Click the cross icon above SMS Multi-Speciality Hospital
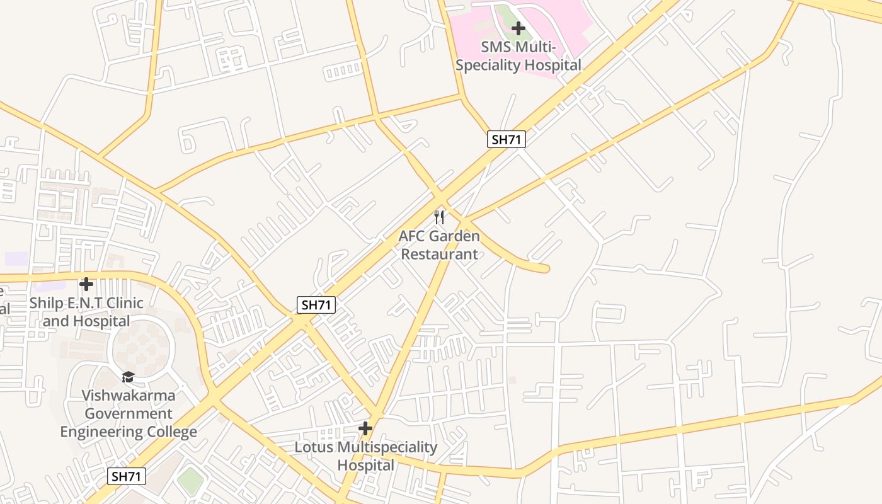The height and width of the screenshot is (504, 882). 518,28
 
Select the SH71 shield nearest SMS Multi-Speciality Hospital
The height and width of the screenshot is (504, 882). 506,139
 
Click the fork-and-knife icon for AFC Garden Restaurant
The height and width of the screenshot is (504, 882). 439,218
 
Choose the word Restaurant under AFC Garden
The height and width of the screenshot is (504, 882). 439,255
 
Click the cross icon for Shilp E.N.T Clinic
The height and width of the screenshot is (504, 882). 86,284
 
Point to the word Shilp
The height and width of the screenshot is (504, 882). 45,303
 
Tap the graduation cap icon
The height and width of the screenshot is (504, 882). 129,377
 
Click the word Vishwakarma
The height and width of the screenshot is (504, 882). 129,396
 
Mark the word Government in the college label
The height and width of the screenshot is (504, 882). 129,414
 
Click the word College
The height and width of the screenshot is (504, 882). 171,432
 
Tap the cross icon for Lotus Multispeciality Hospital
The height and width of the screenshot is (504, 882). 365,429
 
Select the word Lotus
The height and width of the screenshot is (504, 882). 314,447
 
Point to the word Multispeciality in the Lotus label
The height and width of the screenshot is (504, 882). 387,447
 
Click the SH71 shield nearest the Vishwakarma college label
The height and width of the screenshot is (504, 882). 127,476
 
